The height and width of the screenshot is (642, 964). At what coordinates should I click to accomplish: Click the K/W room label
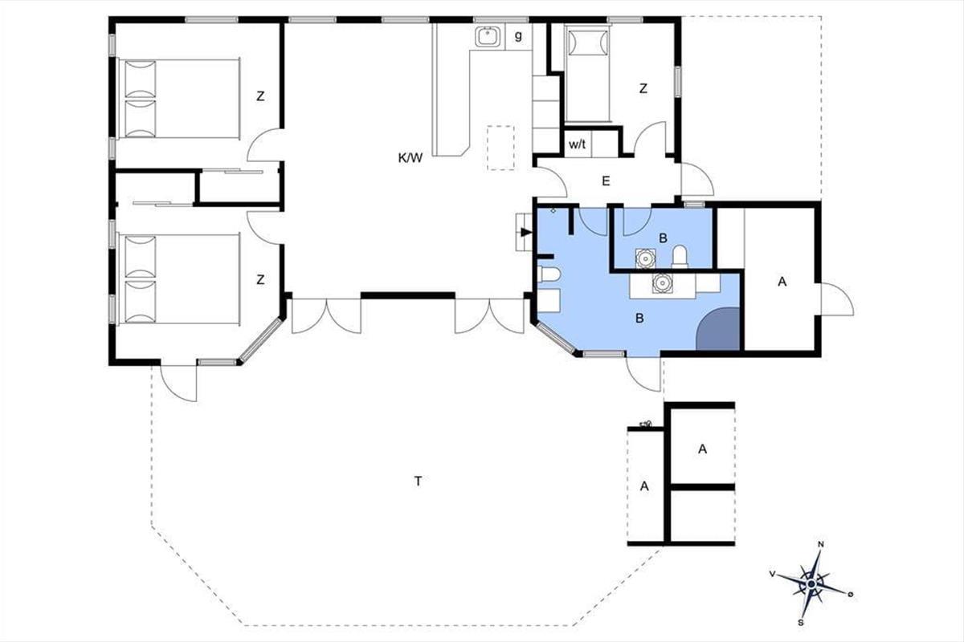tap(411, 158)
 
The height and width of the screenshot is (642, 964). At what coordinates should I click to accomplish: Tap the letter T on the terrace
tap(418, 481)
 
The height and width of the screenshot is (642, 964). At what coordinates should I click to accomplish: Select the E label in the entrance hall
tap(606, 181)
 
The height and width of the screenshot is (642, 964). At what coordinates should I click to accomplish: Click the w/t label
tap(577, 144)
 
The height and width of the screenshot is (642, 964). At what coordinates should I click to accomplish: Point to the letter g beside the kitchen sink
tap(518, 35)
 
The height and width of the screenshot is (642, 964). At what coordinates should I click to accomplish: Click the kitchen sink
tap(488, 37)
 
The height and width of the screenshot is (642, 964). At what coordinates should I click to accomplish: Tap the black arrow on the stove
tap(526, 232)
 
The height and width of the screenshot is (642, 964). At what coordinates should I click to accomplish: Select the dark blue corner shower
tap(718, 329)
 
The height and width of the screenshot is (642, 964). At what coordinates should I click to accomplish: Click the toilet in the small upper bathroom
tap(680, 257)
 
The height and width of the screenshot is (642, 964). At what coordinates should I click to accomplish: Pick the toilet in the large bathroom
tap(548, 274)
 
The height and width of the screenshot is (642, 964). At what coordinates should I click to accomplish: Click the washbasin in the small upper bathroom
tap(645, 258)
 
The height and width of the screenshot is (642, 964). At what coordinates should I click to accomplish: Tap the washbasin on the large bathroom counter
tap(662, 283)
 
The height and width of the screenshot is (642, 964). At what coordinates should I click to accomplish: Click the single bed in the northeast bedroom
tap(587, 73)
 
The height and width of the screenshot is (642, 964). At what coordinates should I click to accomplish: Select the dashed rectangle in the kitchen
tap(501, 148)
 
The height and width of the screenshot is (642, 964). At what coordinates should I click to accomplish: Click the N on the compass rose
tap(821, 544)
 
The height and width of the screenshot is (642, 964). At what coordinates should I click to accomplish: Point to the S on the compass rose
tap(800, 622)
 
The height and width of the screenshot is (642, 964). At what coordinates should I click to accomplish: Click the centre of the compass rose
tap(811, 584)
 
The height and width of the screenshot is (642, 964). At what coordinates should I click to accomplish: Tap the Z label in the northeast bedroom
tap(643, 88)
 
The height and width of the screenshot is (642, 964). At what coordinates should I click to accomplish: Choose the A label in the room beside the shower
tap(782, 282)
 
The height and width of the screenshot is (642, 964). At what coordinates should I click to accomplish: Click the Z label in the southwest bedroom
tap(260, 279)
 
